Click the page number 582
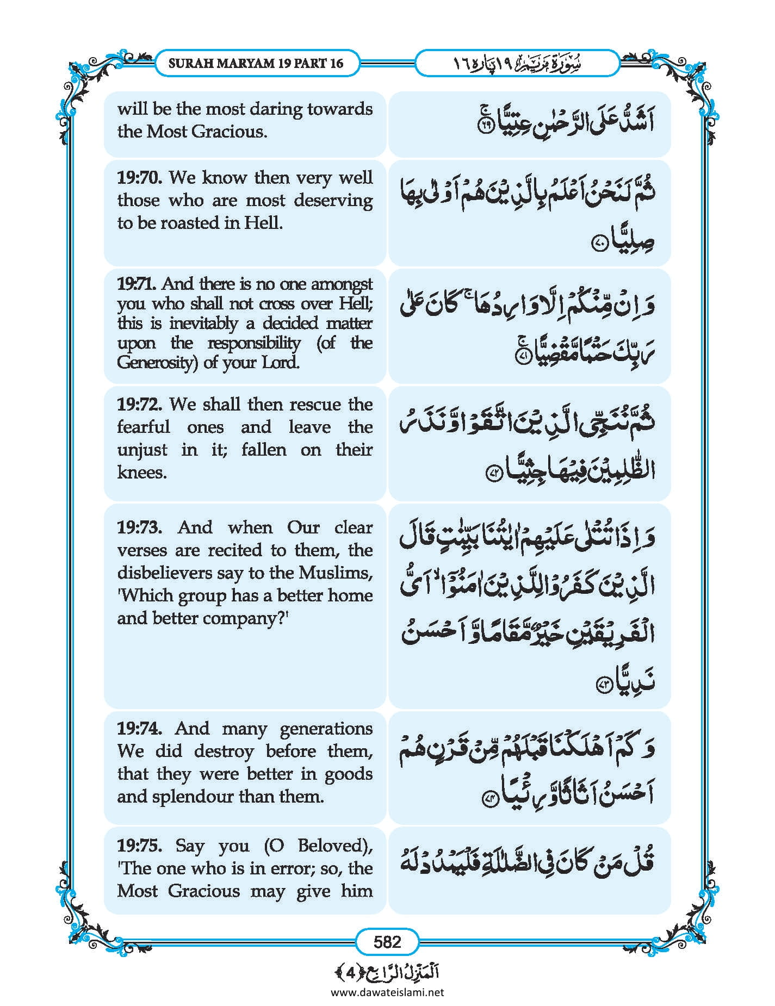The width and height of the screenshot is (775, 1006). click(387, 941)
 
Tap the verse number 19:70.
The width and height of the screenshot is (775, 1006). click(139, 178)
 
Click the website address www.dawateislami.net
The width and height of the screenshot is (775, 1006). click(387, 992)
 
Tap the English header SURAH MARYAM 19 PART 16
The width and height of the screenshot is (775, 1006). click(256, 63)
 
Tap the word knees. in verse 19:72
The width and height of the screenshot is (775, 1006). click(142, 473)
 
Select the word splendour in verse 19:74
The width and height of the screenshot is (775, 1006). click(193, 797)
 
